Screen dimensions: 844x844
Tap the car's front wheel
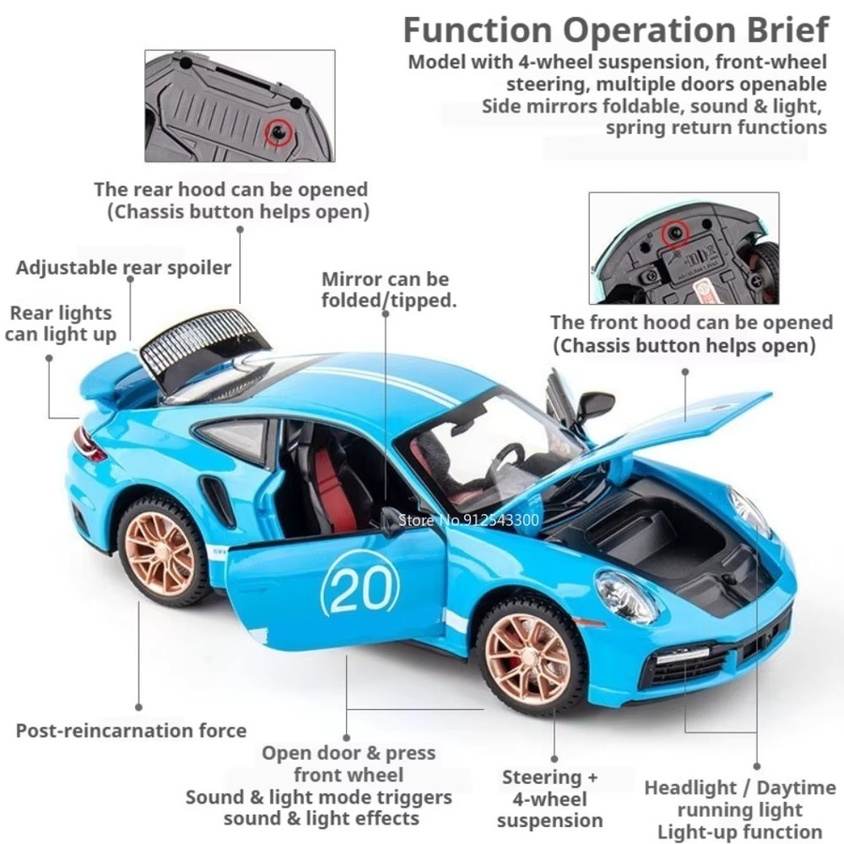click(530, 657)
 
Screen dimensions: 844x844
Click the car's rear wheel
click(161, 552)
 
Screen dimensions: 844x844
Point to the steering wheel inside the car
click(506, 460)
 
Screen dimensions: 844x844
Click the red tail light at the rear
click(89, 445)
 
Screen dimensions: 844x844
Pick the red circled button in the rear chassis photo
click(279, 132)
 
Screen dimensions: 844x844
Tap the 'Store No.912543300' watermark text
click(468, 520)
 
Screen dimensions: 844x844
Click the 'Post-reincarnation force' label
click(130, 731)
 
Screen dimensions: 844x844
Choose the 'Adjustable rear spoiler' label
click(123, 267)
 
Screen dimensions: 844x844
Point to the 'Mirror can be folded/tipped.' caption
click(388, 290)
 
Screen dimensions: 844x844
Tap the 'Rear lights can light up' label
click(61, 324)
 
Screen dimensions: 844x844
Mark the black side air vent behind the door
click(219, 501)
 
